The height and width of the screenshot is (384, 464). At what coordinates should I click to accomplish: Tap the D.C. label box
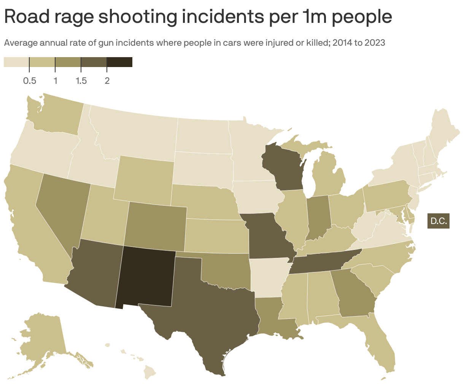[439, 221]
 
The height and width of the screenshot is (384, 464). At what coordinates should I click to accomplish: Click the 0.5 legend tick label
[30, 81]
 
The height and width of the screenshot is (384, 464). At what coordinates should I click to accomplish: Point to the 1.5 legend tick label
[81, 81]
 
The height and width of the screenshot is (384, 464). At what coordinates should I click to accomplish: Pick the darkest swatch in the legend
[119, 62]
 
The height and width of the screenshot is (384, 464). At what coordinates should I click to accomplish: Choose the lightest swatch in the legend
[16, 62]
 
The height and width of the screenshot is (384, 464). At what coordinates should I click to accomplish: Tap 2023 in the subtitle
[375, 43]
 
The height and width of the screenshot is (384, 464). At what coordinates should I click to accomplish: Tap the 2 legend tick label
[107, 81]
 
